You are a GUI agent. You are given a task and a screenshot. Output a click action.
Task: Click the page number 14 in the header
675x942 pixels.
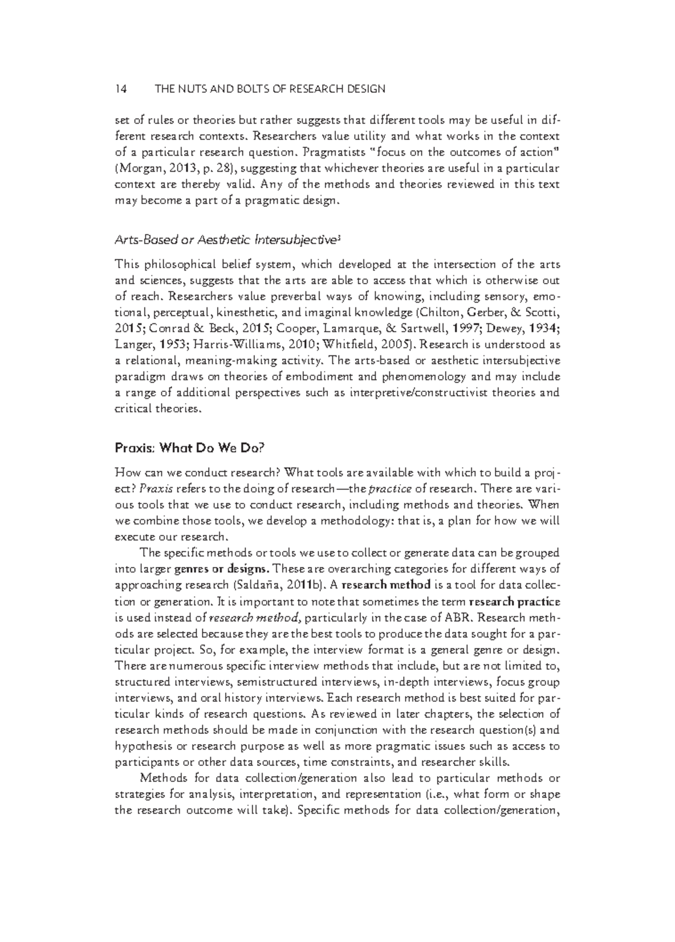tap(120, 89)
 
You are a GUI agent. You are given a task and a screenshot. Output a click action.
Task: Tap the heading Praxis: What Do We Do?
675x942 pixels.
tap(189, 448)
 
